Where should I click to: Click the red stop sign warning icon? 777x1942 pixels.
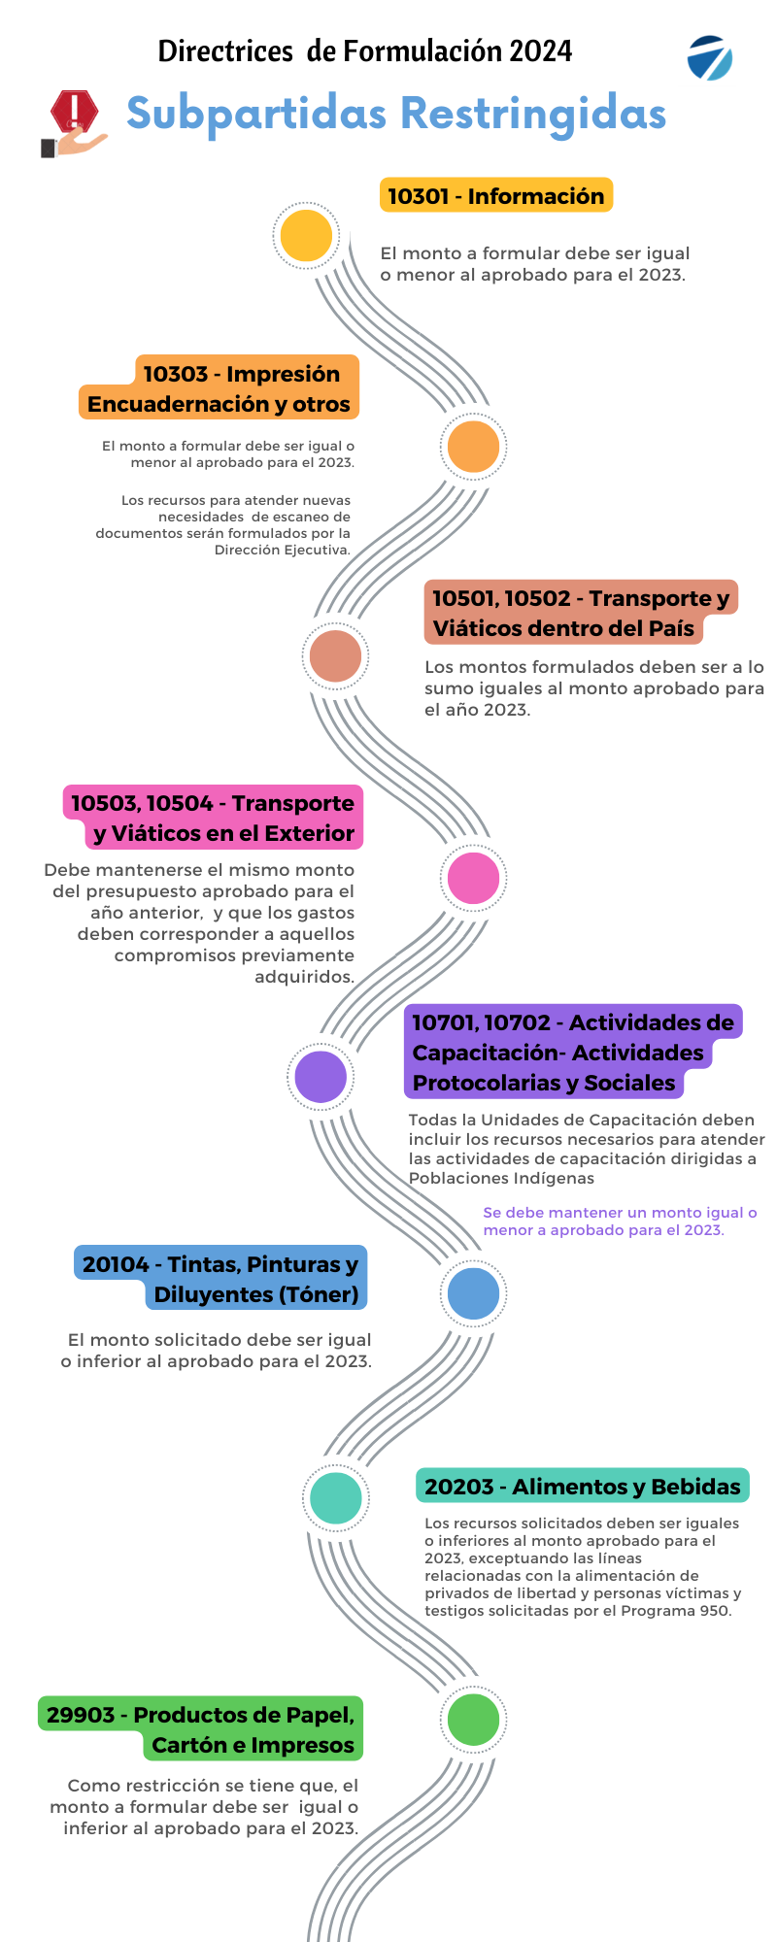75,112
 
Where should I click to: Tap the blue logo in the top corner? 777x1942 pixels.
709,58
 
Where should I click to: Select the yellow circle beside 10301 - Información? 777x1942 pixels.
306,236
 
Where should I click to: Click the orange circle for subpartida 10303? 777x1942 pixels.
473,447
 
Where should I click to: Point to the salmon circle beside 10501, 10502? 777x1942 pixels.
335,655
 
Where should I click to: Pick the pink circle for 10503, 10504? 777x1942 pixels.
473,878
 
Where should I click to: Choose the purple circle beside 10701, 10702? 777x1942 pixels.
321,1077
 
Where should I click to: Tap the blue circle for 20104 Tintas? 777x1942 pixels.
473,1293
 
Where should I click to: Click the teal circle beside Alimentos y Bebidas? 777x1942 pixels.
335,1498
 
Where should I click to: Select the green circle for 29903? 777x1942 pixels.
473,1720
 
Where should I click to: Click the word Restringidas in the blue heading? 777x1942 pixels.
533,114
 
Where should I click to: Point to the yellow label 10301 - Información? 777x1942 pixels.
495,196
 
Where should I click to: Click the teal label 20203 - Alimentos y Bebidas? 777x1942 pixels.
582,1487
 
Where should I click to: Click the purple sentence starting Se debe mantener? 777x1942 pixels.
620,1222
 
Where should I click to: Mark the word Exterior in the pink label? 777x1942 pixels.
310,833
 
